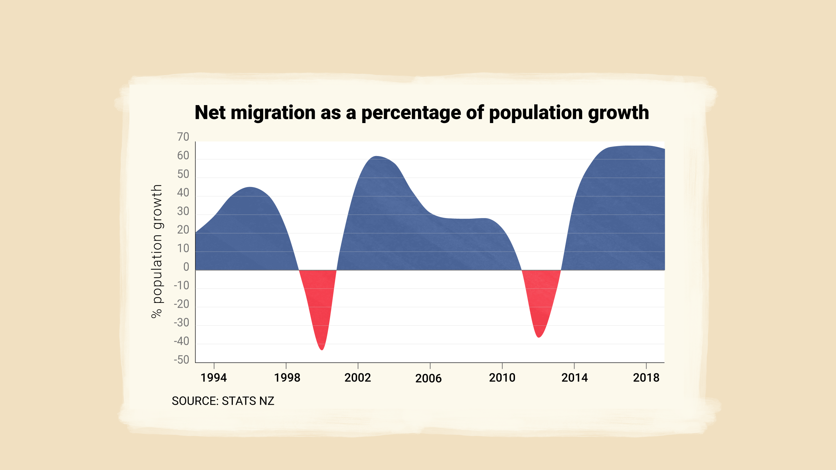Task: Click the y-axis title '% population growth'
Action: [x=157, y=251]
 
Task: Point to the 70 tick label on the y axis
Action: [x=183, y=137]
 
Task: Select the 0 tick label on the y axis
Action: [x=186, y=267]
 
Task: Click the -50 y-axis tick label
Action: [x=182, y=360]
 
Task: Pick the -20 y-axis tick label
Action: [x=182, y=304]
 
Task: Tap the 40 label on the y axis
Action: [x=183, y=193]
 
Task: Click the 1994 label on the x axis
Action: [x=214, y=378]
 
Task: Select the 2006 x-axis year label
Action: [x=428, y=378]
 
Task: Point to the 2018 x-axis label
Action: [x=646, y=378]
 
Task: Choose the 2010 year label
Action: [x=502, y=378]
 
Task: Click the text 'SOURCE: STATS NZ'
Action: [x=223, y=401]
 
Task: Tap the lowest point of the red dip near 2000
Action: [x=322, y=349]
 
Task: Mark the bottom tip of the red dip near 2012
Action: [x=539, y=337]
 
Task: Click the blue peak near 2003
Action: [x=376, y=157]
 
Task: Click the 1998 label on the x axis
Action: [x=287, y=378]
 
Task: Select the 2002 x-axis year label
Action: [x=358, y=378]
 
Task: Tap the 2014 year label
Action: [x=574, y=378]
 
